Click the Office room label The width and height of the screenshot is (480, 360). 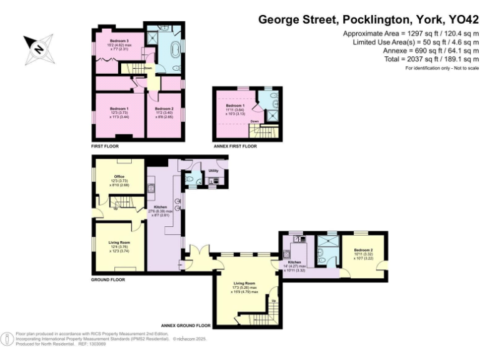click(x=119, y=177)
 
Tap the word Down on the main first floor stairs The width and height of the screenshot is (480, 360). click(x=147, y=67)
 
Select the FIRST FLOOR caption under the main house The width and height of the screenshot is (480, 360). click(x=104, y=146)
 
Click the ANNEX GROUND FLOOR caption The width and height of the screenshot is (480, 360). click(x=185, y=326)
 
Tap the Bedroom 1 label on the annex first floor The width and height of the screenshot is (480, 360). click(x=236, y=106)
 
